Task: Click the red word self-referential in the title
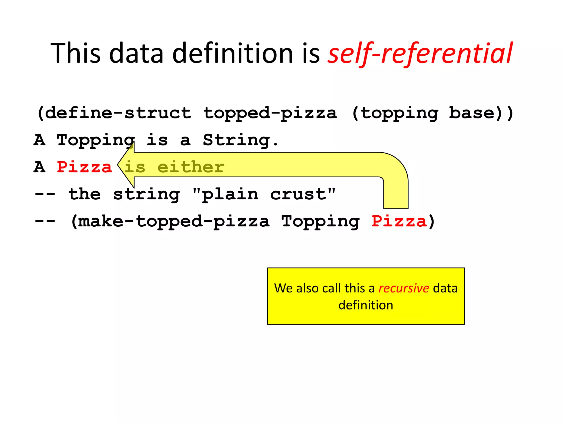click(420, 53)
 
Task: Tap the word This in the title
click(76, 53)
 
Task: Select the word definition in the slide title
click(233, 53)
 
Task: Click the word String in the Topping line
click(236, 140)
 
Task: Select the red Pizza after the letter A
click(84, 167)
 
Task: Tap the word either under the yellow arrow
click(191, 167)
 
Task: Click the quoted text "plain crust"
click(264, 194)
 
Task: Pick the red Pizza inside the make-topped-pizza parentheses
click(399, 221)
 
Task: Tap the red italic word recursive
click(404, 288)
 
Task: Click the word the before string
click(85, 194)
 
